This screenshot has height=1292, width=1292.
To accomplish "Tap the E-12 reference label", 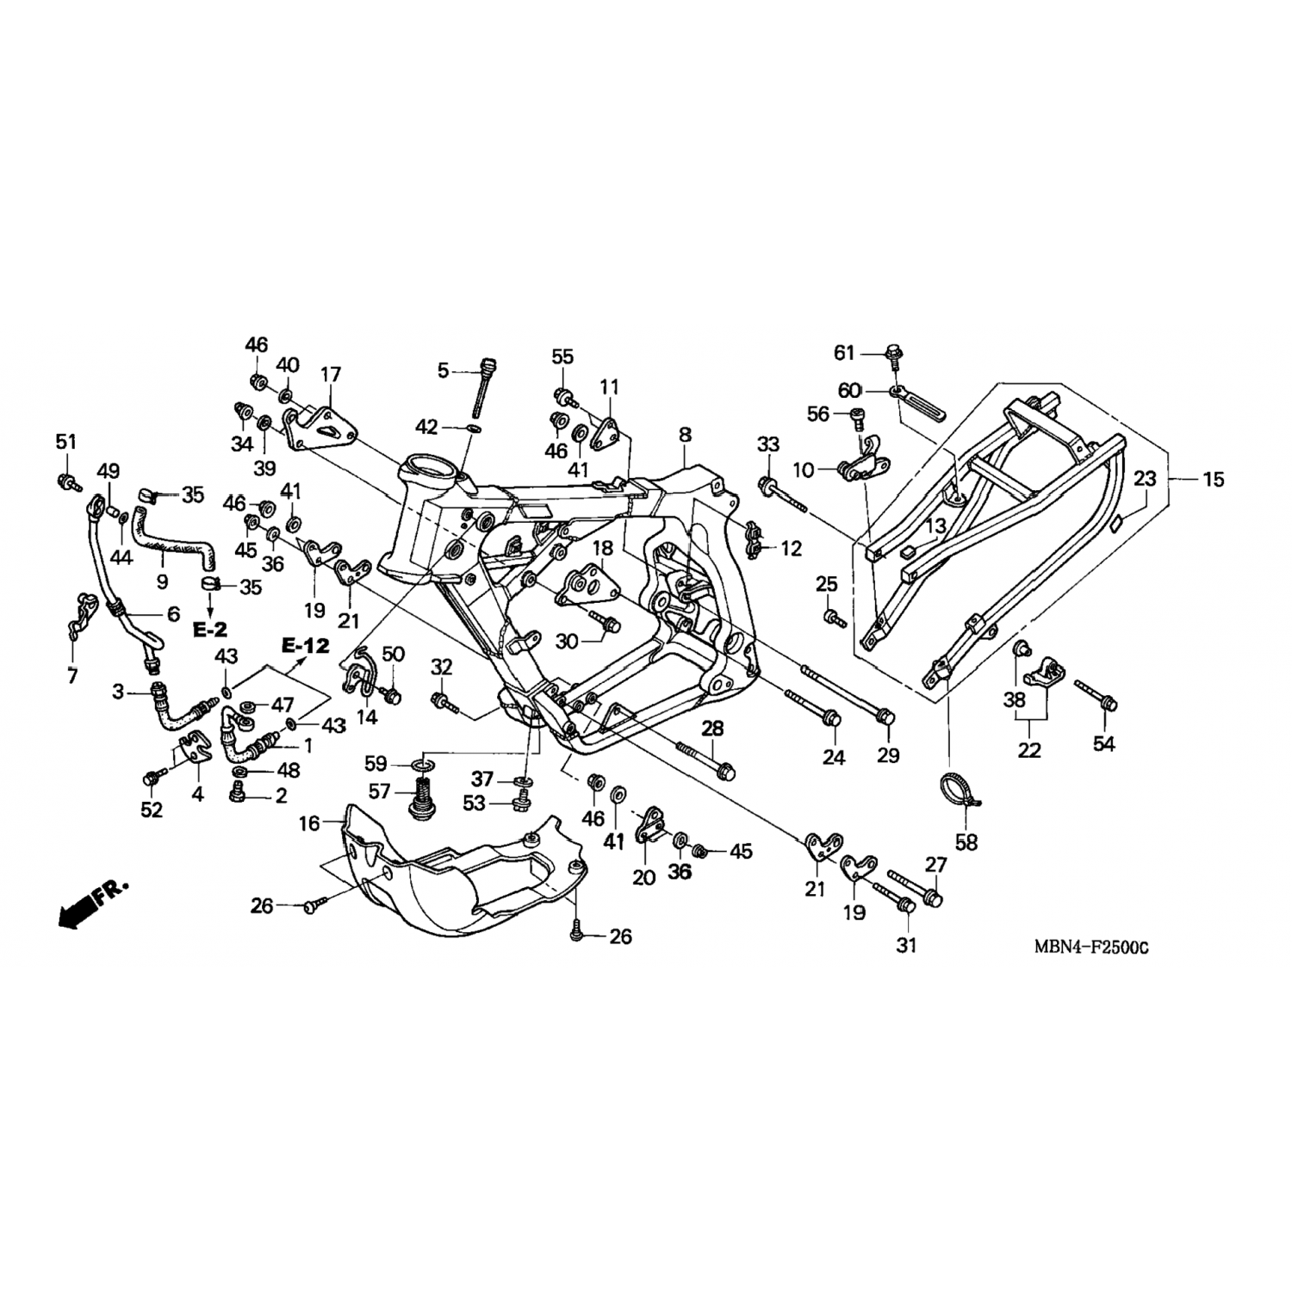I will pyautogui.click(x=306, y=645).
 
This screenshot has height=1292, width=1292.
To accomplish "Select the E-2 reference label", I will pyautogui.click(x=209, y=630).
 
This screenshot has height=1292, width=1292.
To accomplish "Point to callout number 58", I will pyautogui.click(x=966, y=842).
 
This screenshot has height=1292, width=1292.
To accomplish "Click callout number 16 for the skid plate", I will pyautogui.click(x=309, y=823).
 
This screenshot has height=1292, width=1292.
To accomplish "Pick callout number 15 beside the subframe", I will pyautogui.click(x=1213, y=479).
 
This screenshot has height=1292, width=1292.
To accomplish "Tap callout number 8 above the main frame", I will pyautogui.click(x=685, y=435).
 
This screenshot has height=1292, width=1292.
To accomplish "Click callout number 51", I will pyautogui.click(x=65, y=442).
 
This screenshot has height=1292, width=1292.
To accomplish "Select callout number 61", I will pyautogui.click(x=845, y=352).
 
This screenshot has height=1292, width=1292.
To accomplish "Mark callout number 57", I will pyautogui.click(x=380, y=791).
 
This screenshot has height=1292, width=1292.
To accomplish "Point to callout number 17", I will pyautogui.click(x=331, y=375).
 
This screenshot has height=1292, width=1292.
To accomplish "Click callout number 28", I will pyautogui.click(x=712, y=730).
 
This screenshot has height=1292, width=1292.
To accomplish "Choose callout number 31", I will pyautogui.click(x=906, y=945).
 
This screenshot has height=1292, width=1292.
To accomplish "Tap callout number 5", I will pyautogui.click(x=444, y=371).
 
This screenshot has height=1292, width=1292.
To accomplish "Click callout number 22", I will pyautogui.click(x=1029, y=750).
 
